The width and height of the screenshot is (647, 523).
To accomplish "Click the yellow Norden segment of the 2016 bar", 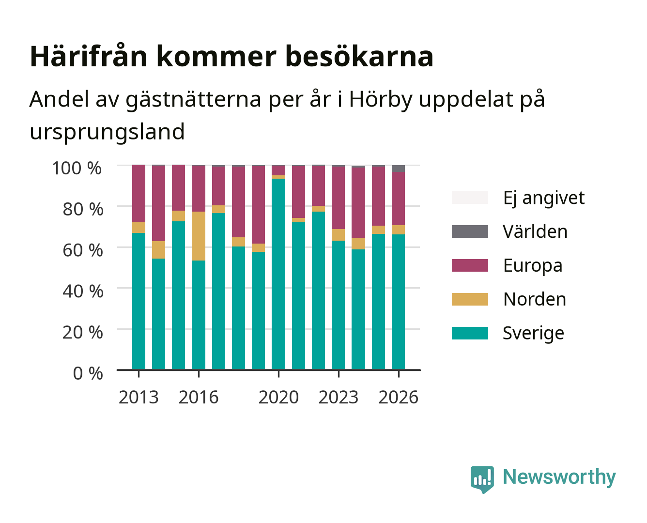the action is click(x=199, y=236).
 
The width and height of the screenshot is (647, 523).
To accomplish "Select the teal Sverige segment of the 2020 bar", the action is click(x=278, y=274).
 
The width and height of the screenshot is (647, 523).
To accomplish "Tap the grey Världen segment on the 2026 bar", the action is click(x=398, y=169).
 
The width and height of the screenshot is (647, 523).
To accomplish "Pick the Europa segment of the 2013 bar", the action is click(x=139, y=194).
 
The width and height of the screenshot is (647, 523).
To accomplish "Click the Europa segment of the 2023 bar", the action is click(x=338, y=198).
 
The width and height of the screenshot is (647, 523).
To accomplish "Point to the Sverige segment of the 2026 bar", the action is click(x=398, y=302).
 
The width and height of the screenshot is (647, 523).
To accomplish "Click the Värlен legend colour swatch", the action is click(x=470, y=231).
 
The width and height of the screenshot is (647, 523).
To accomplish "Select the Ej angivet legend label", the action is click(x=544, y=198).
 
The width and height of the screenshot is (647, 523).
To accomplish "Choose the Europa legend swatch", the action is click(x=470, y=265).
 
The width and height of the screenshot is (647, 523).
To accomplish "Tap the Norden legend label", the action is click(x=535, y=299).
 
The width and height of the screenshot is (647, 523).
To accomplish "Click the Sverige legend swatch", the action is click(x=470, y=333).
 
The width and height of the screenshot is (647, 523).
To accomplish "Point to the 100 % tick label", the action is click(x=77, y=168).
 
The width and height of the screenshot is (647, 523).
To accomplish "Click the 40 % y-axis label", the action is click(x=83, y=291).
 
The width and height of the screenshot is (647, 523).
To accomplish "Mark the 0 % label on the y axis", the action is click(x=88, y=373).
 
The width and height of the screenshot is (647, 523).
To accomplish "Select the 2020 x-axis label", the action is click(x=278, y=397).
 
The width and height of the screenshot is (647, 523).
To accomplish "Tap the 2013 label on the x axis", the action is click(x=139, y=397).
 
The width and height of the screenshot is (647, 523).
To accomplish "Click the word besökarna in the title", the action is click(x=359, y=57).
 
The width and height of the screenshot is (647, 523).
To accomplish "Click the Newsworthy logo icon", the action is click(x=482, y=479).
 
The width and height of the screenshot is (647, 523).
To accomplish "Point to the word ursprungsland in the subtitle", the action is click(x=107, y=132).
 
